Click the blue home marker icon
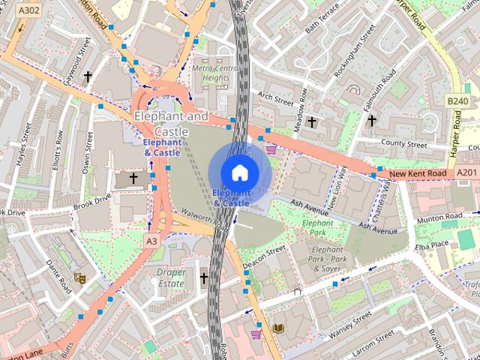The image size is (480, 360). tap(239, 172)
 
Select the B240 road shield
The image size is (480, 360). tap(457, 101)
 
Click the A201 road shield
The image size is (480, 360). tap(466, 173)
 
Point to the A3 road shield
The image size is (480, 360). tap(152, 241)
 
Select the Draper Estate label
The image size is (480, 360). tap(171, 277)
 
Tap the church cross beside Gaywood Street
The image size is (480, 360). tap(88, 76)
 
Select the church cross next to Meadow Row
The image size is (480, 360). tap(312, 121)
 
